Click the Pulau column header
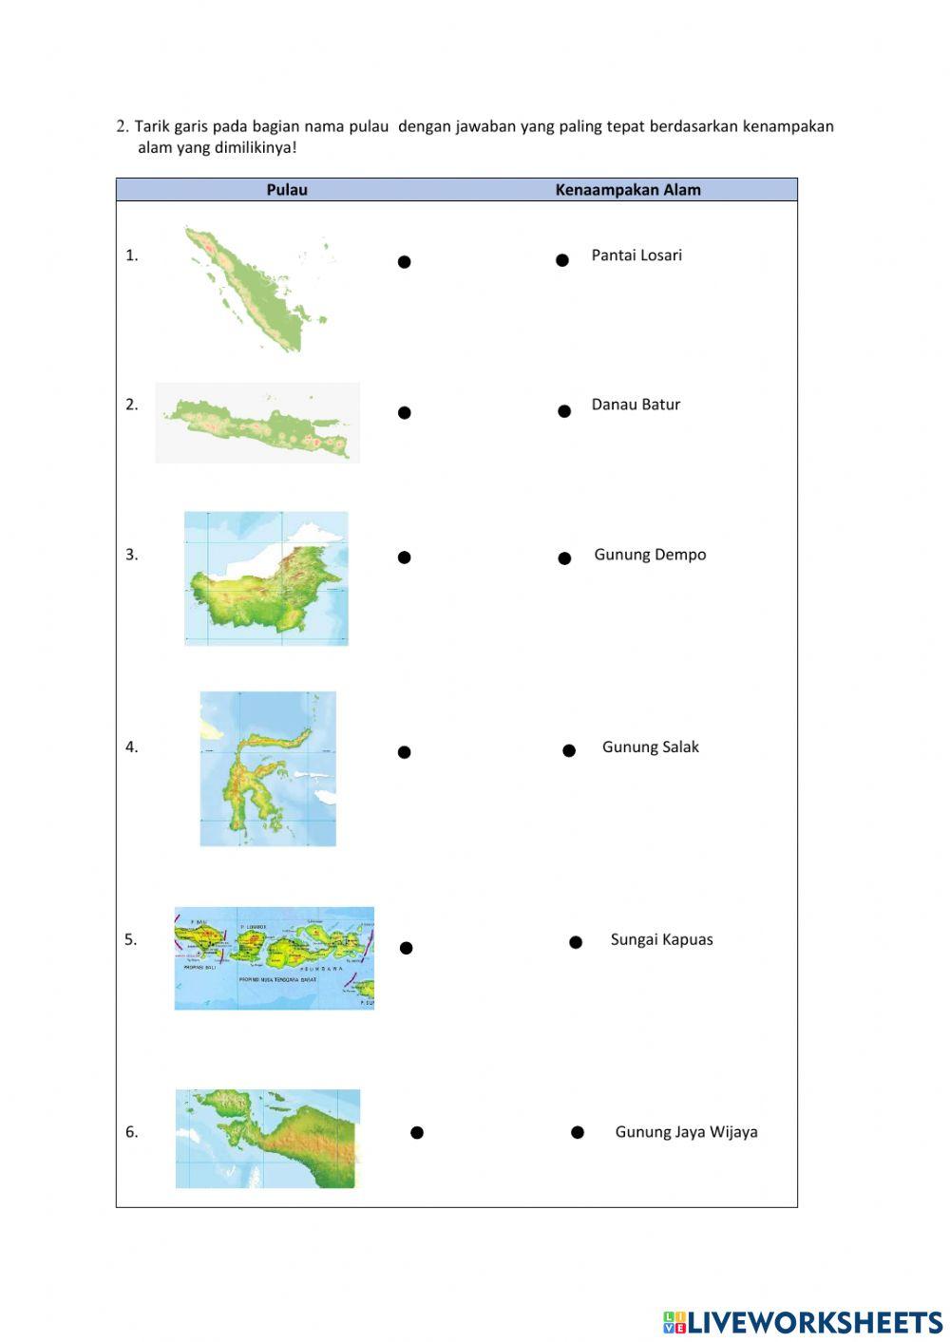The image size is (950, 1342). (287, 190)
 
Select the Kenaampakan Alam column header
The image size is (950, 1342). (628, 190)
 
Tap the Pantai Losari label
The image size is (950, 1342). (636, 255)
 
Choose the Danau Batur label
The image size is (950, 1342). (636, 405)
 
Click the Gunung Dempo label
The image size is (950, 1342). (650, 555)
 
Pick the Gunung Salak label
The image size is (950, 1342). (650, 747)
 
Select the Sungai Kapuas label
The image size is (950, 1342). (661, 939)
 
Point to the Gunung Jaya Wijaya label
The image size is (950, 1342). (686, 1132)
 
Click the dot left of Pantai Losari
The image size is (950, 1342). (562, 260)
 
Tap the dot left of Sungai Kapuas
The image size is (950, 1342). (576, 942)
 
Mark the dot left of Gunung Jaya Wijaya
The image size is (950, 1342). (578, 1132)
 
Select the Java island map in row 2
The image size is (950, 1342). (257, 424)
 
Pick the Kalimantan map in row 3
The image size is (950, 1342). (266, 578)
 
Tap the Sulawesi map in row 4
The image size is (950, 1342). (268, 768)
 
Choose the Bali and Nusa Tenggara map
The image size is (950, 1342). (275, 957)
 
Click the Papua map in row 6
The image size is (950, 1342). (268, 1138)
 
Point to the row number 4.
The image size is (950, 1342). (131, 747)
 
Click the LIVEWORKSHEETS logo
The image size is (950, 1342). (803, 1322)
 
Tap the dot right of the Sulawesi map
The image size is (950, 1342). (405, 752)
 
